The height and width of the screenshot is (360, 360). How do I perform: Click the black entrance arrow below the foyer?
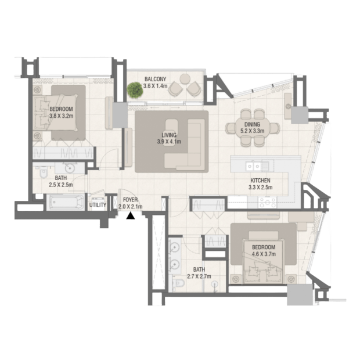[x=131, y=215]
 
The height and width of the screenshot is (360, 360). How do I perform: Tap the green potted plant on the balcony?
[x=135, y=90]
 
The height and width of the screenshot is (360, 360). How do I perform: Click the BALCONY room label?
[x=155, y=79]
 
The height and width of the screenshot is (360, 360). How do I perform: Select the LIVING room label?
[x=169, y=135]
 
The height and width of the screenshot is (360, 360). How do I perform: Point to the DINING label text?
[x=252, y=124]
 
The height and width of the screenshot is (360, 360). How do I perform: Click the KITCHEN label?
[x=260, y=181]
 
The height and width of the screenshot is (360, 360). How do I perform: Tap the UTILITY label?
[x=98, y=205]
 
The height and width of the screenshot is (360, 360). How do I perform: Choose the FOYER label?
[x=130, y=200]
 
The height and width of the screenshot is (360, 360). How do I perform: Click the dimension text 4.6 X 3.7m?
[x=264, y=254]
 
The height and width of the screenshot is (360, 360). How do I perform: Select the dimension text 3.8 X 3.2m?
[x=62, y=116]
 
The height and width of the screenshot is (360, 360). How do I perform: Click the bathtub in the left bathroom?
[x=66, y=202]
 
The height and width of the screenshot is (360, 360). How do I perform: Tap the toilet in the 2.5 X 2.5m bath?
[x=43, y=172]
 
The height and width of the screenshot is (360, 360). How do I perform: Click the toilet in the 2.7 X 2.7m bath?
[x=179, y=283]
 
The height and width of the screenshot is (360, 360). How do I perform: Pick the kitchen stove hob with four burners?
[x=268, y=202]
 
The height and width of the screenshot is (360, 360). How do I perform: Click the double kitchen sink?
[x=253, y=166]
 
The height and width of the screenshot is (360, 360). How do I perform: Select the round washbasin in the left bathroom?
[x=70, y=168]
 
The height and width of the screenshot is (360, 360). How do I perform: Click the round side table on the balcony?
[x=185, y=79]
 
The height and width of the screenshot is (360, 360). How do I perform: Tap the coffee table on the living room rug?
[x=171, y=132]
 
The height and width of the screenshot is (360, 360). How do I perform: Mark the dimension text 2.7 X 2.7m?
[x=199, y=276]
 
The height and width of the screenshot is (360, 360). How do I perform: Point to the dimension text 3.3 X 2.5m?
[x=260, y=188]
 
